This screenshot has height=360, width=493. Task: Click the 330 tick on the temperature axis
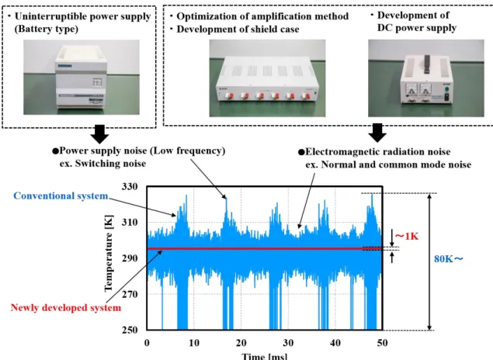(x=130, y=187)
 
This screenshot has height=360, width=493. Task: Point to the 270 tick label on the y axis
(x=130, y=294)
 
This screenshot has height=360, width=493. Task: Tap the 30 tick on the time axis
(x=288, y=342)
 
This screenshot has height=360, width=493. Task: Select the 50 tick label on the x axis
(x=382, y=342)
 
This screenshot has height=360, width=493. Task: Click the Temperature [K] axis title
(x=109, y=253)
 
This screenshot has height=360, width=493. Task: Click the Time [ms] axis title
(x=265, y=356)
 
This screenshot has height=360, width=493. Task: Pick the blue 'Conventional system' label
(x=61, y=196)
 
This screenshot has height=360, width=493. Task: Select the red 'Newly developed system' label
(x=66, y=307)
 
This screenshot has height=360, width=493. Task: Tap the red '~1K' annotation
(x=407, y=236)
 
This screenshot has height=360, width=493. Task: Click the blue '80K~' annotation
(x=449, y=259)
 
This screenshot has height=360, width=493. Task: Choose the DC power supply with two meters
(x=426, y=79)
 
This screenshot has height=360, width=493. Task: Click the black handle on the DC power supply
(x=427, y=64)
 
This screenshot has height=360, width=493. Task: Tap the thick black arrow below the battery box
(x=99, y=134)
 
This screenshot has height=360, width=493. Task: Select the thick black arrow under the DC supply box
(x=377, y=133)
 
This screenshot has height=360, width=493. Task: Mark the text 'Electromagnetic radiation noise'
(x=378, y=152)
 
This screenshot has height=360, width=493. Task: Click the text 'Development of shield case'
(x=238, y=29)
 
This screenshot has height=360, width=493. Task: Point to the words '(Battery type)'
(x=47, y=29)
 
